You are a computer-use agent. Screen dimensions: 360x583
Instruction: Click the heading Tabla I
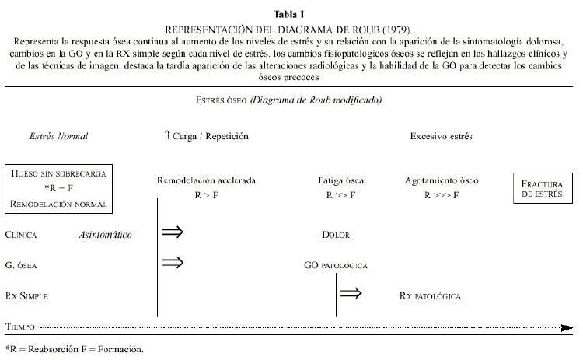(291, 13)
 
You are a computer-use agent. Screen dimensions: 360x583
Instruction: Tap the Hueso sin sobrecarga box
(58, 188)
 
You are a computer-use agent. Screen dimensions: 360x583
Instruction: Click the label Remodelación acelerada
(206, 180)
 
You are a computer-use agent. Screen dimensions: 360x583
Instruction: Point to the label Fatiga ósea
(341, 180)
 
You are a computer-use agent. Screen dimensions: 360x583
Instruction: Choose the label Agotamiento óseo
(441, 180)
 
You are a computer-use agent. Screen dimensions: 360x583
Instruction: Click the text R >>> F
(441, 196)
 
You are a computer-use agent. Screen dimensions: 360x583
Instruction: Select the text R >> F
(341, 196)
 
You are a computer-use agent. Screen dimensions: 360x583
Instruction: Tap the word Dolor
(336, 234)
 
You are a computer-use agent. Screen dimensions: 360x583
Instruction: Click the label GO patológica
(336, 265)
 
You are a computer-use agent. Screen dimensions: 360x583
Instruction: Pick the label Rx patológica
(430, 296)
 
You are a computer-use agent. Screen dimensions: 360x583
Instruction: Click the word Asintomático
(106, 234)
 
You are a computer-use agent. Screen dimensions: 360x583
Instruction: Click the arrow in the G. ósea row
(172, 262)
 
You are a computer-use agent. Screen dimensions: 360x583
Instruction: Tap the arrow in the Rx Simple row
(351, 293)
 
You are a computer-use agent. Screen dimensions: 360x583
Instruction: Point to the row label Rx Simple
(27, 296)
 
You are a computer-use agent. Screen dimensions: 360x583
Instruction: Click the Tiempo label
(19, 327)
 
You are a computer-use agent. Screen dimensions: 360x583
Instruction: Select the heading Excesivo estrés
(441, 136)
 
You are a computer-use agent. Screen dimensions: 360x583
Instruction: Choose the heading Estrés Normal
(58, 136)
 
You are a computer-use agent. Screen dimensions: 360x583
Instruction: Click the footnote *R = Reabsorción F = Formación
(75, 350)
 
